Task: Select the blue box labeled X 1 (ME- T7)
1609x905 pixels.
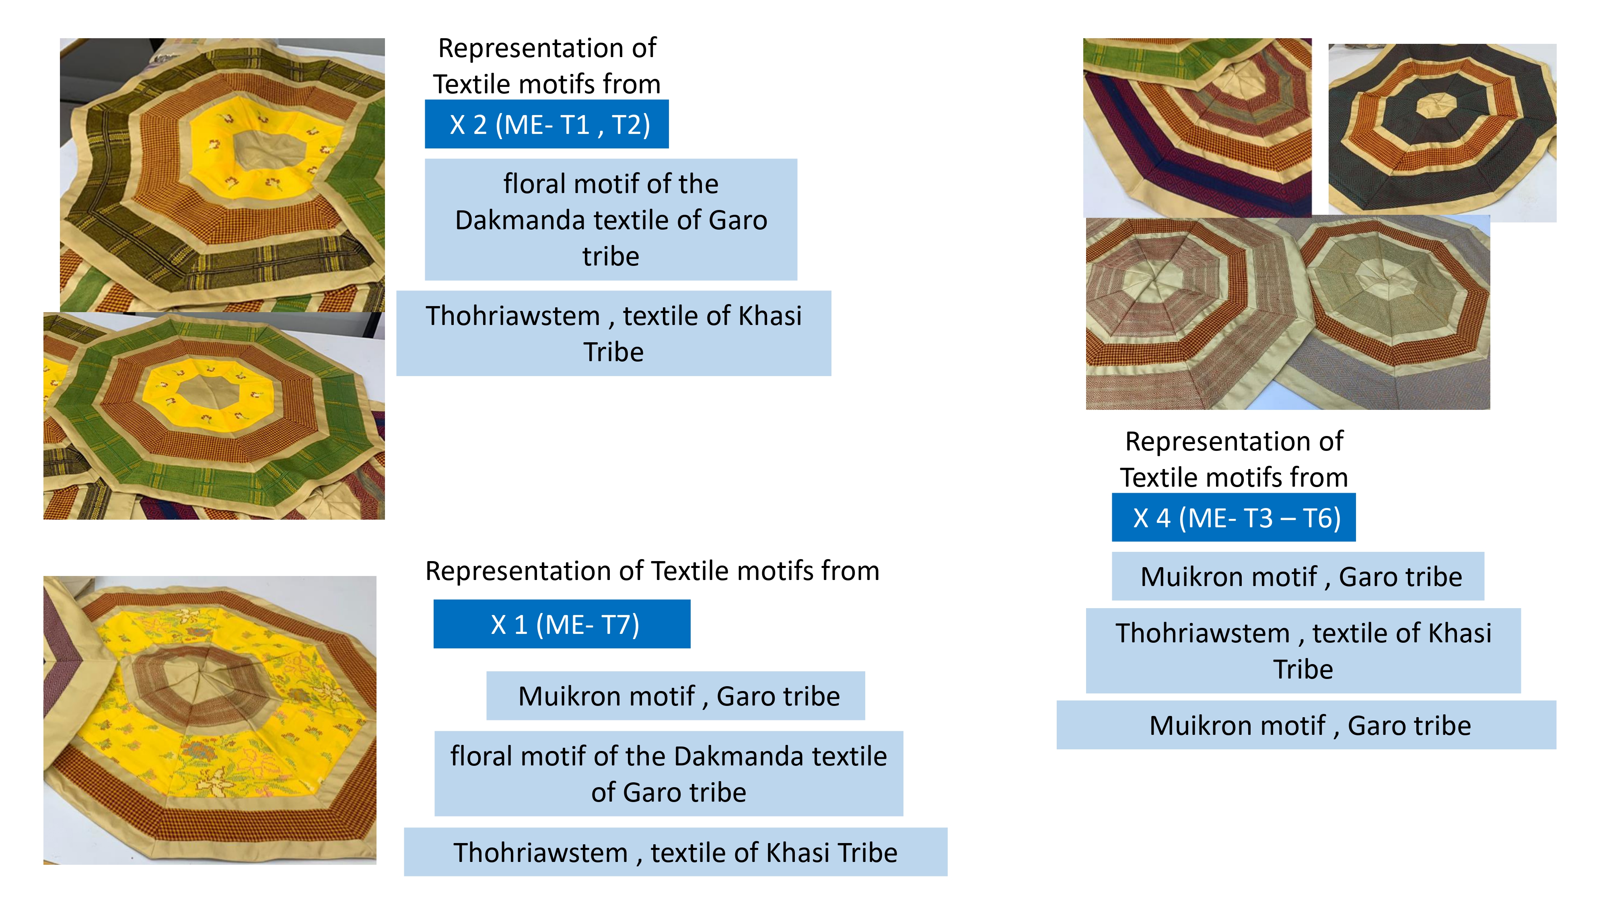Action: pyautogui.click(x=562, y=624)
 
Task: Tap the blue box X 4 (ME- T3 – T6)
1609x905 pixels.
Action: pyautogui.click(x=1234, y=517)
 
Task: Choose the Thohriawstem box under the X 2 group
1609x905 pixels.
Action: pyautogui.click(x=613, y=333)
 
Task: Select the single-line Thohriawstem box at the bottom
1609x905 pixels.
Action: pyautogui.click(x=675, y=852)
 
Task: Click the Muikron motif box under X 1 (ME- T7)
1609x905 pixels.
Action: pyautogui.click(x=676, y=696)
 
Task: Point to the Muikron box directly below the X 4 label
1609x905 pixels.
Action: pyautogui.click(x=1298, y=576)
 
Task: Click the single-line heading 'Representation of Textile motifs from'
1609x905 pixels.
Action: pyautogui.click(x=652, y=570)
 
